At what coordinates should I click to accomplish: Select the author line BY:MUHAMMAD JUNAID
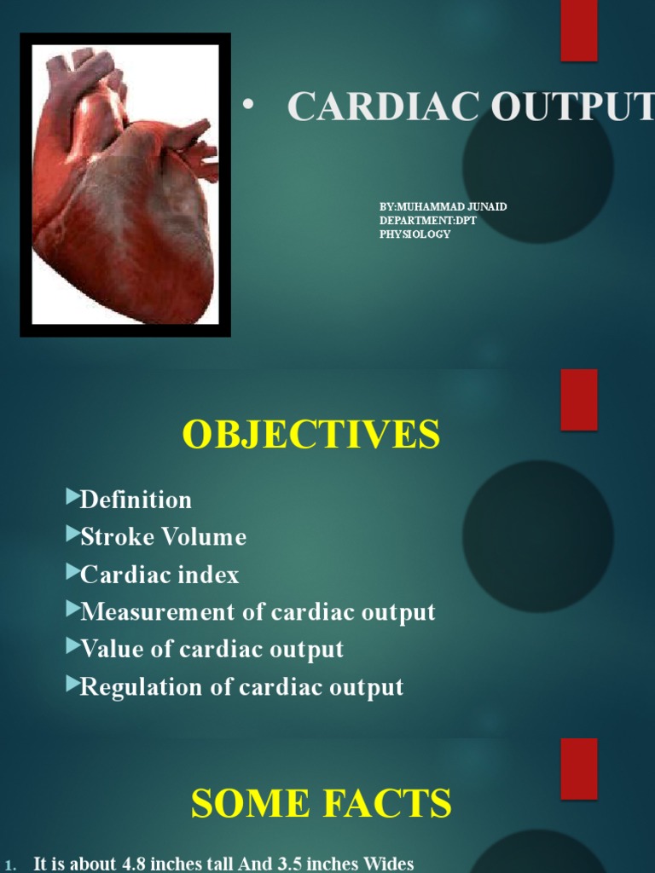pyautogui.click(x=443, y=207)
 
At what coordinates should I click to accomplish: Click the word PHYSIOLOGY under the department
pyautogui.click(x=414, y=234)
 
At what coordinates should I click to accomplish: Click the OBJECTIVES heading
pyautogui.click(x=311, y=435)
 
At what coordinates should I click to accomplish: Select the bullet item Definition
pyautogui.click(x=136, y=500)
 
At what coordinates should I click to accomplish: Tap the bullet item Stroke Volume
pyautogui.click(x=163, y=537)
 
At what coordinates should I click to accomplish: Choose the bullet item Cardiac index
pyautogui.click(x=159, y=575)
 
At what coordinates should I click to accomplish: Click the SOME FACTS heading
pyautogui.click(x=321, y=804)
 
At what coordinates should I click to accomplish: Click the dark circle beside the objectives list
pyautogui.click(x=538, y=535)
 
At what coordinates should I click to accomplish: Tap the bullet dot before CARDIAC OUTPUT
pyautogui.click(x=247, y=104)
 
